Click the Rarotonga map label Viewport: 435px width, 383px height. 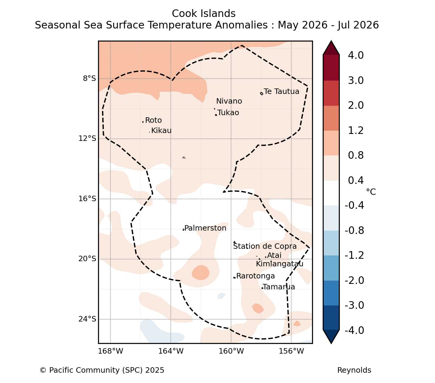click(x=255, y=276)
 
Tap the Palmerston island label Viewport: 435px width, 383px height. click(x=205, y=228)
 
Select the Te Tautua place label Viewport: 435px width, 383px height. click(x=281, y=92)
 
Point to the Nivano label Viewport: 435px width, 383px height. click(x=229, y=101)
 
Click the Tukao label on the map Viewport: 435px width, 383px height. click(x=228, y=113)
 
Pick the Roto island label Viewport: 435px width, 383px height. click(x=154, y=120)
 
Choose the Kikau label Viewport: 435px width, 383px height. click(x=161, y=131)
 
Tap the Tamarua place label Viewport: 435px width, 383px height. click(x=279, y=287)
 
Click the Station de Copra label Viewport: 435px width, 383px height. click(x=265, y=246)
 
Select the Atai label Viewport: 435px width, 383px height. click(x=274, y=255)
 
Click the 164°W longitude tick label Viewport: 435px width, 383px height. click(x=171, y=351)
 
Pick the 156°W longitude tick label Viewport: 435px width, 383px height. click(x=291, y=351)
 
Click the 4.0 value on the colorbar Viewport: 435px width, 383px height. click(x=356, y=55)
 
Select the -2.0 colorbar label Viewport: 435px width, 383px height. click(x=354, y=280)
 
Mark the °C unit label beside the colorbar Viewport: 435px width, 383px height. click(x=371, y=192)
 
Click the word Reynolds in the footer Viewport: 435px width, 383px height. click(x=354, y=370)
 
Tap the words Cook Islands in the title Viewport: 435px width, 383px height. click(x=204, y=14)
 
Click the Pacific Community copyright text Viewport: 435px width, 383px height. click(x=102, y=370)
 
